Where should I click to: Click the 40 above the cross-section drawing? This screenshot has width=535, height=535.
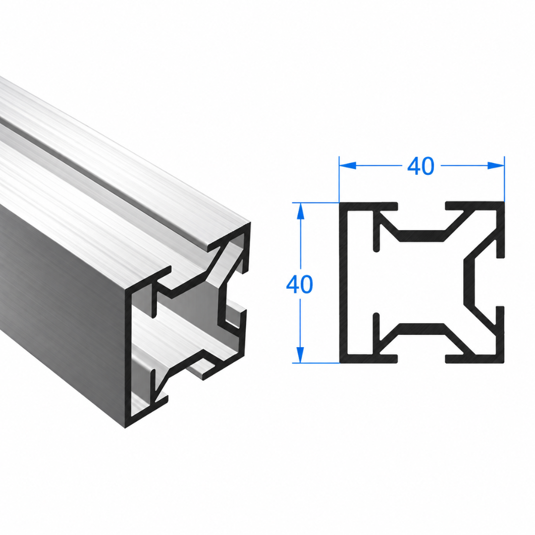(421, 166)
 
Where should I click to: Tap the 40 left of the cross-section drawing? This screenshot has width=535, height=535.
(299, 284)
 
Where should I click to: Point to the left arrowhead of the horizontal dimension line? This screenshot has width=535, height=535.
(348, 165)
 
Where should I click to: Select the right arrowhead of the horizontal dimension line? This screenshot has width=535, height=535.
(496, 165)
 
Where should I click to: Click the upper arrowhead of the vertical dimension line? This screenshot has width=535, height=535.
(300, 211)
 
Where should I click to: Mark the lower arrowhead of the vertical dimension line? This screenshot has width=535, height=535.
(300, 355)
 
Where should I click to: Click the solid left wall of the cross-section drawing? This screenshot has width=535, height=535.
(343, 282)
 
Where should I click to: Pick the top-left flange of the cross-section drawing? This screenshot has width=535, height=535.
(369, 207)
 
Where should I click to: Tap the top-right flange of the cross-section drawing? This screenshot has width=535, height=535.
(475, 206)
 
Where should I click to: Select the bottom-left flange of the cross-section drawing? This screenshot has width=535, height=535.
(369, 359)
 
